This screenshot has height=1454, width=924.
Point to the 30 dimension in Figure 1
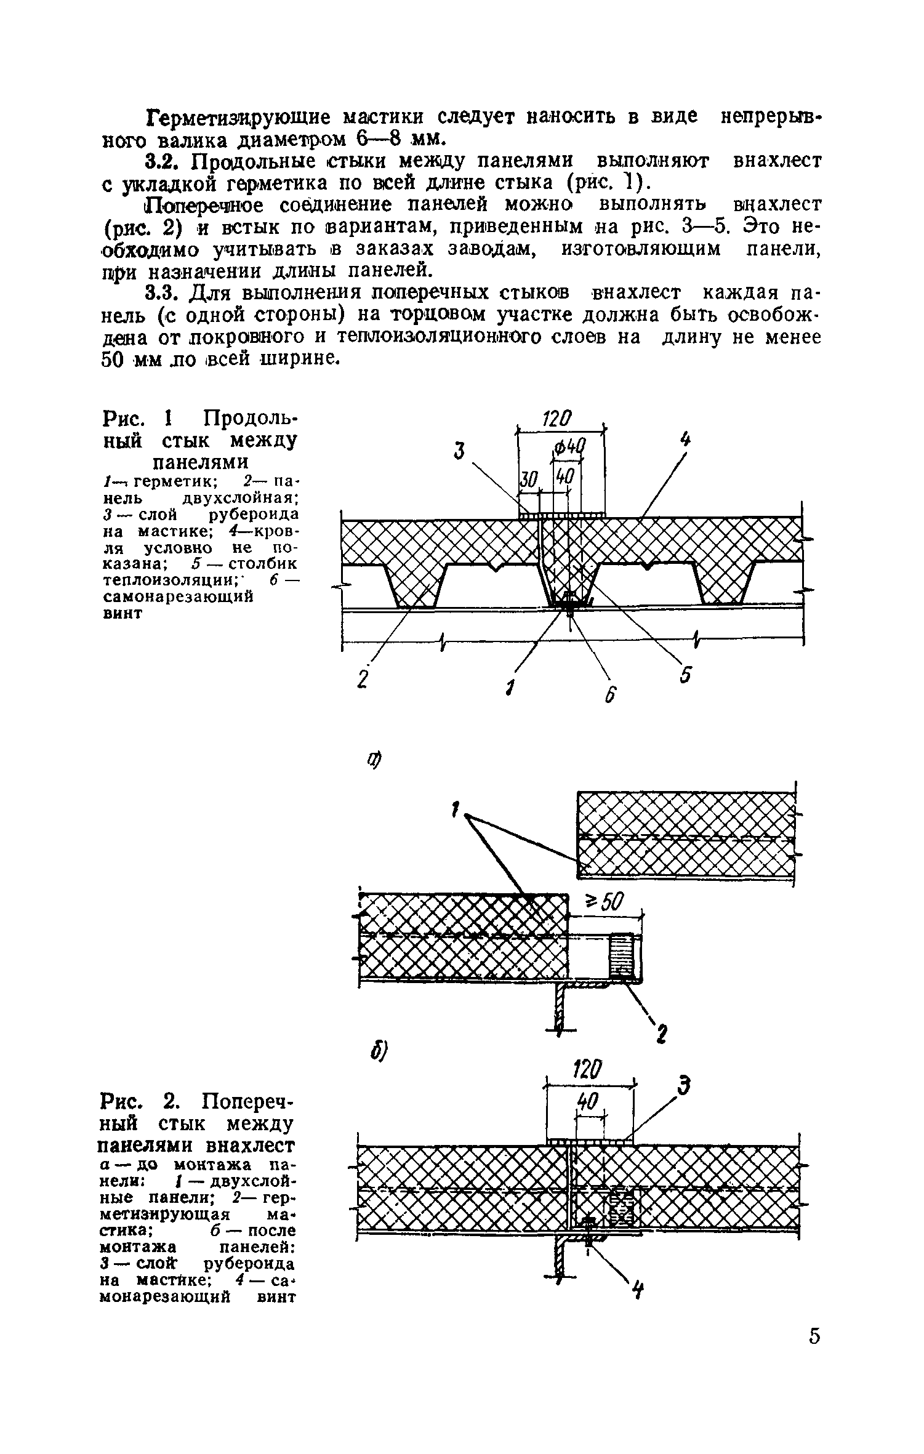(x=529, y=479)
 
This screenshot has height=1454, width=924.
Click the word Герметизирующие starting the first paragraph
(x=239, y=117)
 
